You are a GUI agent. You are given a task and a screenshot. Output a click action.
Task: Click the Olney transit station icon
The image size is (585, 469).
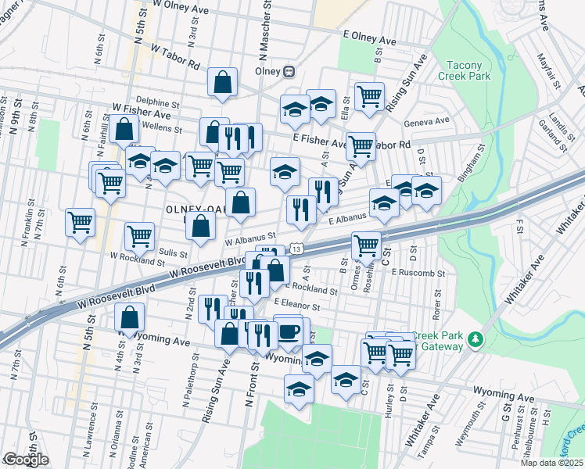pyautogui.click(x=289, y=70)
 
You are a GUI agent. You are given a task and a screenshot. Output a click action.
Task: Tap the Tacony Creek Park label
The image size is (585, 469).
pyautogui.click(x=468, y=70)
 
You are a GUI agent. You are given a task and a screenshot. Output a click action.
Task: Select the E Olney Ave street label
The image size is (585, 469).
pyautogui.click(x=370, y=36)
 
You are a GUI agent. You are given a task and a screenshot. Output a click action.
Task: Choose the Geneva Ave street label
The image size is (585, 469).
pyautogui.click(x=426, y=121)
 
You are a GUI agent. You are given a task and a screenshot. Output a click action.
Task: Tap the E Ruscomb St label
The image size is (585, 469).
pyautogui.click(x=418, y=274)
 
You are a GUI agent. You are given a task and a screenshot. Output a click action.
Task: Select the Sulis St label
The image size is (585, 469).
pyautogui.click(x=174, y=253)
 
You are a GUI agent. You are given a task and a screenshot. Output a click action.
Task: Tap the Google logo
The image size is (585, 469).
pyautogui.click(x=26, y=460)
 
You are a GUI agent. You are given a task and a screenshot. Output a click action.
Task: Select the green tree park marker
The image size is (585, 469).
pyautogui.click(x=475, y=338)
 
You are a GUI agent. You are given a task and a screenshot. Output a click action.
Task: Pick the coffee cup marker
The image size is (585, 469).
pyautogui.click(x=288, y=331)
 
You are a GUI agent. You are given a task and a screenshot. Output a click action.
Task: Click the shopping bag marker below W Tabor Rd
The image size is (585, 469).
pyautogui.click(x=223, y=82)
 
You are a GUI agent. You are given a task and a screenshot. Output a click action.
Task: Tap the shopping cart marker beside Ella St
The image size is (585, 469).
pyautogui.click(x=369, y=97)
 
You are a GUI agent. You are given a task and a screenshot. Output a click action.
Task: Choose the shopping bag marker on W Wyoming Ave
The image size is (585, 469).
pyautogui.click(x=130, y=318)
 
